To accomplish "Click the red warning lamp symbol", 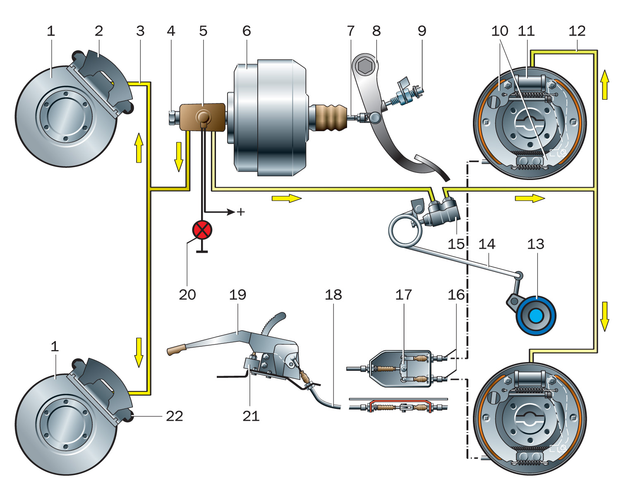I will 202,230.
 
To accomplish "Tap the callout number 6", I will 247,31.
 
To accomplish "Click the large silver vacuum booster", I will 269,118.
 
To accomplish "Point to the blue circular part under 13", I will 536,316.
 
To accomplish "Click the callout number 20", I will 187,295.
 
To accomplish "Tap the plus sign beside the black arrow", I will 241,212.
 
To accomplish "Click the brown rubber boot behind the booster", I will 331,118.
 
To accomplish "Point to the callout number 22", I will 174,416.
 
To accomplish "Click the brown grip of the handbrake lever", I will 176,351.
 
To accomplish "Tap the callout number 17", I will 403,295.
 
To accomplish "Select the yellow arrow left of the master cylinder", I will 179,156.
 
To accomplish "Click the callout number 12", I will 577,31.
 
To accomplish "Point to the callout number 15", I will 456,244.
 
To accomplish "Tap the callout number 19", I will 237,295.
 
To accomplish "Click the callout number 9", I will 422,31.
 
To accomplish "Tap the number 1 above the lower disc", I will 55,346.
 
